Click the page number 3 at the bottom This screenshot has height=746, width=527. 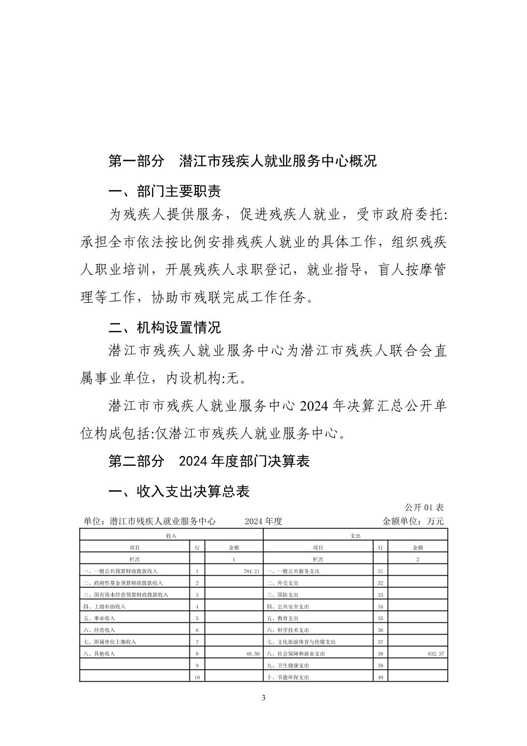click(263, 698)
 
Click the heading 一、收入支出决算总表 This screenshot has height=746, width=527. click(179, 491)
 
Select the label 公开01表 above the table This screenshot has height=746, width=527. click(424, 507)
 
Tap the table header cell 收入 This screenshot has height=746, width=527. click(171, 535)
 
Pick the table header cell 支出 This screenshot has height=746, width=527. click(355, 535)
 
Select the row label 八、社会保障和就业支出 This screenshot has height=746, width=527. click(296, 654)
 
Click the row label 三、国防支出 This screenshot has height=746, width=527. click(283, 595)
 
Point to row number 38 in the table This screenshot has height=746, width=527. click(380, 654)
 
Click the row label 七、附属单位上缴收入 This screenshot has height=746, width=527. click(110, 642)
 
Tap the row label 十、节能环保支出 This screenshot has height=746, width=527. click(288, 677)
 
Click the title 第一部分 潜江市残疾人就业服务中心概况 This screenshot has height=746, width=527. click(242, 161)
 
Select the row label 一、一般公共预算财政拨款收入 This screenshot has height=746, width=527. click(121, 571)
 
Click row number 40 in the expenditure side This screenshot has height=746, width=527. click(380, 677)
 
